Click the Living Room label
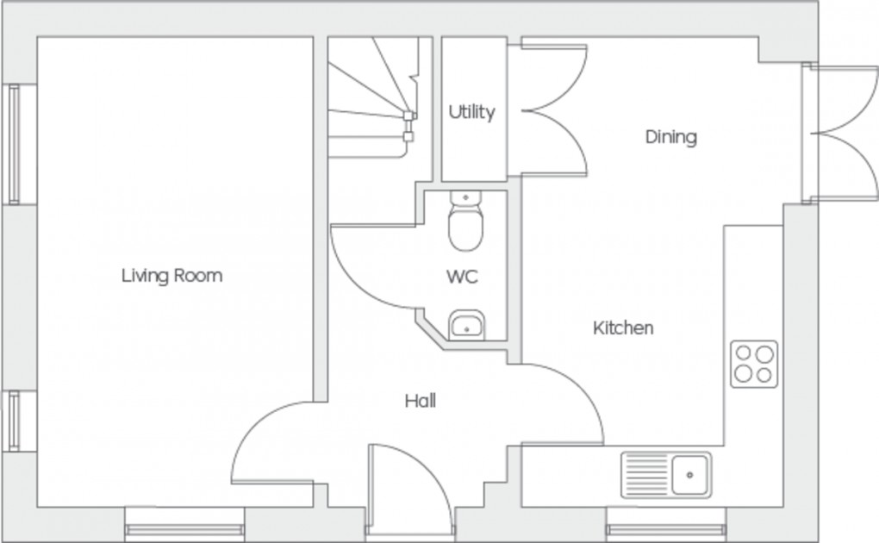(171, 276)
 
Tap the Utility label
(471, 112)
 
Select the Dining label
(670, 137)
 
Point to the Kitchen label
(622, 328)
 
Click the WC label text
(462, 278)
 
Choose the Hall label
(421, 401)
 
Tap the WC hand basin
(466, 326)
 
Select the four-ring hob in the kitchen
(753, 363)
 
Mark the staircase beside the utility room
(371, 99)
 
